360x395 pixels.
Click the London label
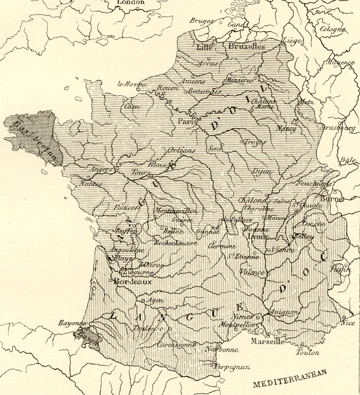pos(130,3)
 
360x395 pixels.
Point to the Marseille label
pos(267,341)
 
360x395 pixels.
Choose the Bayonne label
pos(72,324)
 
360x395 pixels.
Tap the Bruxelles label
pos(246,46)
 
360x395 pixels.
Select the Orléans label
pos(181,150)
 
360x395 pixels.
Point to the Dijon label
pos(261,172)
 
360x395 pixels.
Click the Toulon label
pos(307,352)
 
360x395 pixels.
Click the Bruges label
pos(201,20)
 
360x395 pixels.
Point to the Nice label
pos(348,323)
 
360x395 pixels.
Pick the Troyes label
pos(254,141)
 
